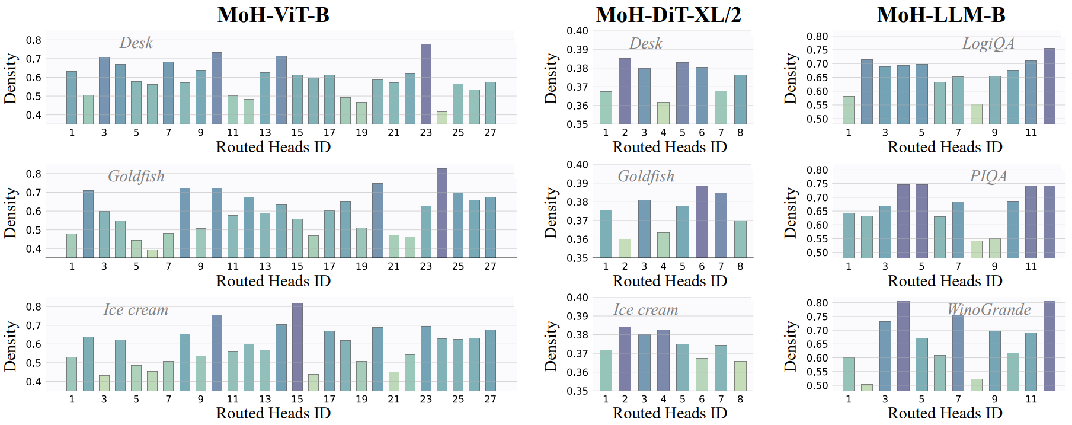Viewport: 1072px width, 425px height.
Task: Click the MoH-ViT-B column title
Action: point(273,14)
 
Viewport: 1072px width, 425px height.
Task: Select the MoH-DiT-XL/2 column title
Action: point(668,14)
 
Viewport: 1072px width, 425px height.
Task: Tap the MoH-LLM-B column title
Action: point(941,14)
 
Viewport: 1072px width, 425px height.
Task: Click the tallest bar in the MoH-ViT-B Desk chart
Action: point(426,84)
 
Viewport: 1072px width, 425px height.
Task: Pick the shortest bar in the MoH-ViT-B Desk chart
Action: point(442,117)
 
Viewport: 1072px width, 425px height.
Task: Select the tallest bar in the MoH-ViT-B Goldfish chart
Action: point(442,213)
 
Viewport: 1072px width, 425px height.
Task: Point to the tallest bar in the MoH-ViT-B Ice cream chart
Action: point(297,347)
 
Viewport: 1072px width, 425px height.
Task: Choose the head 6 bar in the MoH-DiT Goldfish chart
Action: point(702,222)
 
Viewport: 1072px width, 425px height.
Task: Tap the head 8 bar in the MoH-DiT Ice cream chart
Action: point(740,376)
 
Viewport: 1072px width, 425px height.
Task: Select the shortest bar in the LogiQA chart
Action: point(977,114)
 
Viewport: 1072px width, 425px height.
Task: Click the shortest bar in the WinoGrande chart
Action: point(867,387)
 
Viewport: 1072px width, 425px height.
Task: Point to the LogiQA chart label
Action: point(988,43)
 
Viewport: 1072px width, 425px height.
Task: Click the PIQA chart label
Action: point(988,176)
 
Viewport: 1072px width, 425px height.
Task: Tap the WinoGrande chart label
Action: point(988,309)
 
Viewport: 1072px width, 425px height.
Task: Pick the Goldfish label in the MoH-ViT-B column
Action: point(136,176)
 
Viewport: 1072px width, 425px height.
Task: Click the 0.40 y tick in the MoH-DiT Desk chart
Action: point(577,31)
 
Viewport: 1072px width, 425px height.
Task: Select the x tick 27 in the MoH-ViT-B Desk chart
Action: point(490,132)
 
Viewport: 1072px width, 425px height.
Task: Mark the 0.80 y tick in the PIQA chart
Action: point(817,170)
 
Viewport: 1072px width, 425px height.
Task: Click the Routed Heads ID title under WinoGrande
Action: point(945,413)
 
